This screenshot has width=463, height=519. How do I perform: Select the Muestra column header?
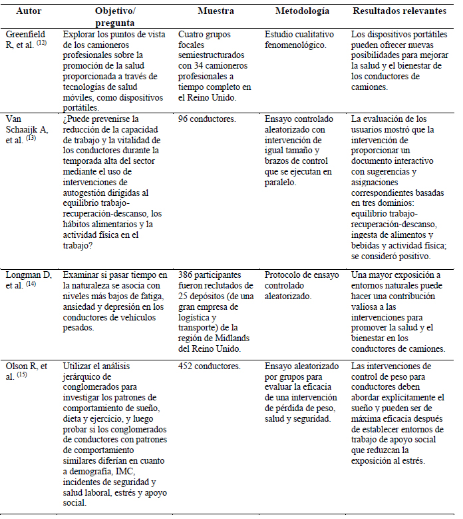[x=216, y=11]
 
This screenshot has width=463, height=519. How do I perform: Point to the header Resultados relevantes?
[x=403, y=11]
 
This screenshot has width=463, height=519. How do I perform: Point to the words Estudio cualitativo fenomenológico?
[x=302, y=39]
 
